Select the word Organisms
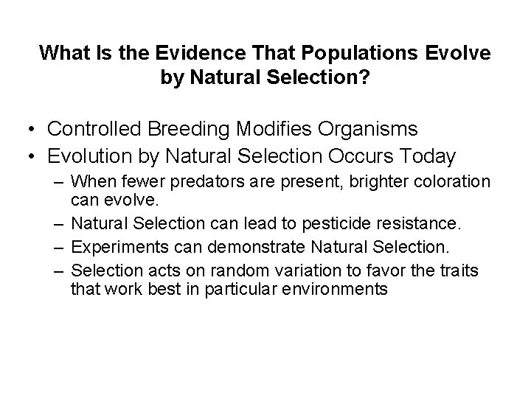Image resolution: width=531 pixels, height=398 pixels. coord(355,129)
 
